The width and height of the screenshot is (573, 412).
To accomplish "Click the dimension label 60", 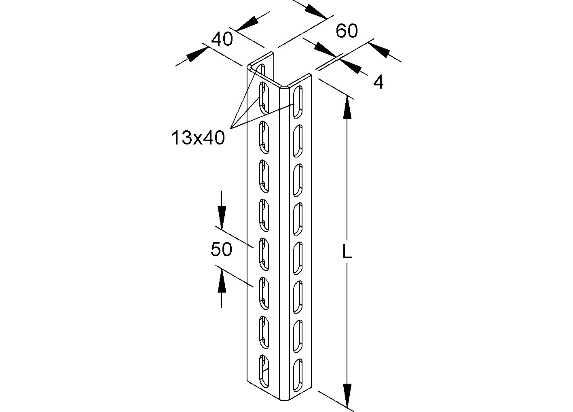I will coord(347,31).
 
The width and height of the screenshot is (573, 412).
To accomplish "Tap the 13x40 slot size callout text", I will coord(198,138).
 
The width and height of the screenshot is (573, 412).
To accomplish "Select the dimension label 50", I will coord(221,249).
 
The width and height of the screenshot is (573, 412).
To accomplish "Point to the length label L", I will coord(347,253).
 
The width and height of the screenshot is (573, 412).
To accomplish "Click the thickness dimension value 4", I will coord(378,82).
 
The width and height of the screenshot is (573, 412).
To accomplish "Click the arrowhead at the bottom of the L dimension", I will coord(347,394).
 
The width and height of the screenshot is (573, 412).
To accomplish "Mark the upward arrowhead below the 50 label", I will coord(221,281).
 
